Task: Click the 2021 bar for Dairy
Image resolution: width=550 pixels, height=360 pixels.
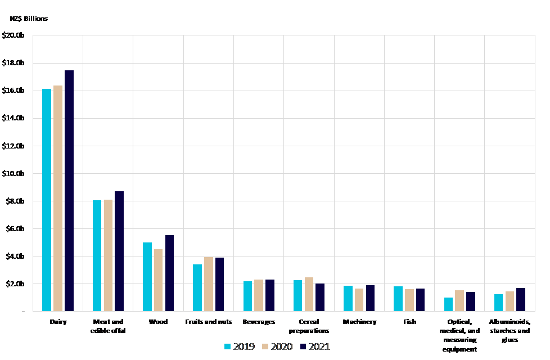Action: (x=69, y=191)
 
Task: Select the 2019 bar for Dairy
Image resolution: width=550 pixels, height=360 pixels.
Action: (x=47, y=200)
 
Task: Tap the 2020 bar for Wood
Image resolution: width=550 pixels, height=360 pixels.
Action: (x=158, y=280)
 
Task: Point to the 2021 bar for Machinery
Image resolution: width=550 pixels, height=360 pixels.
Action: (x=370, y=298)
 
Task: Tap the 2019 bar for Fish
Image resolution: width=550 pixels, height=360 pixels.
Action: (x=398, y=299)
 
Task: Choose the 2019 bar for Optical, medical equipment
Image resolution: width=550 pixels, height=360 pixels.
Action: (x=448, y=304)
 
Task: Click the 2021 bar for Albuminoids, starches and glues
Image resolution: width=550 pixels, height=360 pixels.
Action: (x=520, y=299)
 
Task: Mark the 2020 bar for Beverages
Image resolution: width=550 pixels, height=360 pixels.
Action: (x=259, y=295)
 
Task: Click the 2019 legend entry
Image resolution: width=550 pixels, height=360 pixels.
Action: (x=239, y=346)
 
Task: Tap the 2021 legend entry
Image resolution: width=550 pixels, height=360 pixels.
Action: (x=315, y=346)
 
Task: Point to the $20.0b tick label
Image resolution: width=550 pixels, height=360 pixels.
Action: (x=13, y=35)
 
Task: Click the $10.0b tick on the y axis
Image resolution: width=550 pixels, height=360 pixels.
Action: (x=13, y=173)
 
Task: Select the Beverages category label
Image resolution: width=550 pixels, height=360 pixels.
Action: (x=259, y=322)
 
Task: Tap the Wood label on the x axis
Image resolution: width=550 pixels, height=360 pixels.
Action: (x=158, y=322)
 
